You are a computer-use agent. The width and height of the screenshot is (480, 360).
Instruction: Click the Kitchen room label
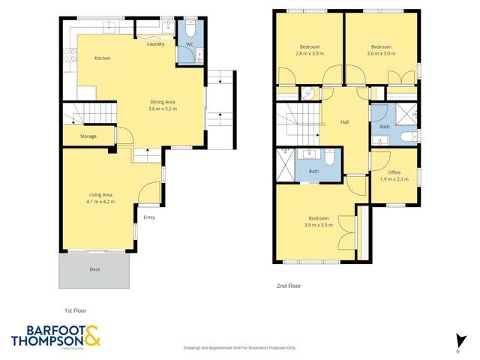(103, 58)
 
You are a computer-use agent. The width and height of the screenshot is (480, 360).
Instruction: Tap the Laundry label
(155, 44)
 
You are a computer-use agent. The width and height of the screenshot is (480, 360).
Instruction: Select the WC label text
(190, 44)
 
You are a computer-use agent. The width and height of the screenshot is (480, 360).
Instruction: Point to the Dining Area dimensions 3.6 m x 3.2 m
(163, 109)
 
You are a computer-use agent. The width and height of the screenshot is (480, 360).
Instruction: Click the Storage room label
(88, 136)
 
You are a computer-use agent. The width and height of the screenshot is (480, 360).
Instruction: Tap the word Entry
(149, 217)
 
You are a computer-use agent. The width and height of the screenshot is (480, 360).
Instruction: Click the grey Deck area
(94, 269)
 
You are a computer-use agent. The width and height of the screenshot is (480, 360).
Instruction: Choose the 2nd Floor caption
(289, 286)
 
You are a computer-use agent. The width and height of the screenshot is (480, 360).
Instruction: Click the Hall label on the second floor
(345, 122)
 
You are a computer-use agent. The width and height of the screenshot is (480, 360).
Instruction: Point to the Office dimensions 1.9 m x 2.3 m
(394, 179)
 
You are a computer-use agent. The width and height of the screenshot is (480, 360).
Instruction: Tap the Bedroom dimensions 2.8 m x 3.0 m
(309, 53)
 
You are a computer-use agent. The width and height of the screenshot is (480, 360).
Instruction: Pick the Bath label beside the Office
(385, 127)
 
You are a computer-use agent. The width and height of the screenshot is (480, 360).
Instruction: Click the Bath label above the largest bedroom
(313, 172)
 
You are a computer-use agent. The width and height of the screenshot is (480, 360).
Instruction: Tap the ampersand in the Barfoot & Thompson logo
(92, 337)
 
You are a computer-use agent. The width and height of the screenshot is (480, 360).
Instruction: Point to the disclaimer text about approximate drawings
(240, 348)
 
